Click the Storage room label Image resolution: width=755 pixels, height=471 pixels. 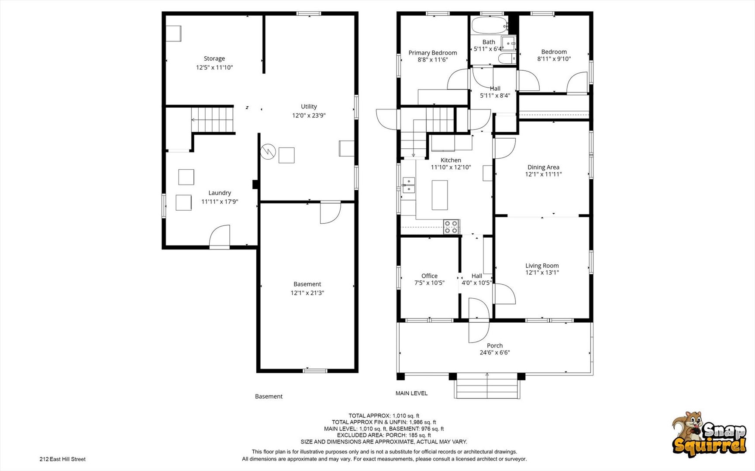pos(214,58)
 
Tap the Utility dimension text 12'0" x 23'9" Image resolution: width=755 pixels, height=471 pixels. pos(309,116)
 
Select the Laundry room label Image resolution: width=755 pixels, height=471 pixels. pos(220,193)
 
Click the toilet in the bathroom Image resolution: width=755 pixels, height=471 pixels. pos(507,59)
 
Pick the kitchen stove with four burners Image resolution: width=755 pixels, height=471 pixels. pos(452,226)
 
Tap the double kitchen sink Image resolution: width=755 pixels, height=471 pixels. pos(409,185)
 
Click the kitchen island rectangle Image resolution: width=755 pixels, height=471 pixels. pos(440,195)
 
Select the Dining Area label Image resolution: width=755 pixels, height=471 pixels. pos(543,167)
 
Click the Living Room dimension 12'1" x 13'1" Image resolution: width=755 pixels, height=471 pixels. pos(542,273)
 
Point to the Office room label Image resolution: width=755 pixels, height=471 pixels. pos(429,276)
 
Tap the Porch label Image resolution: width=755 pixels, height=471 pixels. pos(495,345)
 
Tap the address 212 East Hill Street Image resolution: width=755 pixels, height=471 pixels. pos(62,459)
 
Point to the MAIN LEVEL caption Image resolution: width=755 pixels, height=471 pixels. pos(411,393)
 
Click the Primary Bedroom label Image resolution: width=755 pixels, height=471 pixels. pos(433,53)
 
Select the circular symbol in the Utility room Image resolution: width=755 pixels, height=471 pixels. pos(267,152)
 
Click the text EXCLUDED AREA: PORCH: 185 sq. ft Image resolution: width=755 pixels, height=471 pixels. pos(384,435)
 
